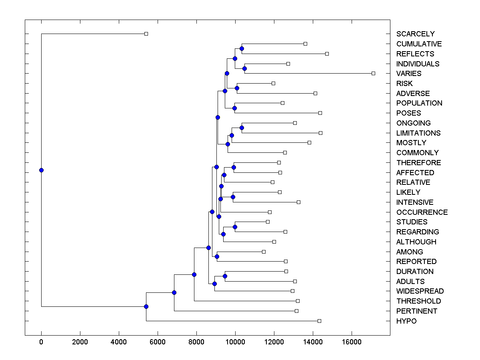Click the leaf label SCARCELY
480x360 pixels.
click(x=415, y=34)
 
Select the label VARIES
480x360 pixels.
click(x=409, y=74)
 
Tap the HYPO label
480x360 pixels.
click(x=406, y=321)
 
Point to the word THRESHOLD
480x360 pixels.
click(x=418, y=301)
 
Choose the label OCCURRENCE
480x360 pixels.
click(x=422, y=212)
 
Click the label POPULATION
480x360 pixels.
click(x=419, y=103)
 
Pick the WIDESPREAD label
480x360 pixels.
click(x=420, y=291)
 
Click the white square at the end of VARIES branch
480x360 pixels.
click(x=373, y=73)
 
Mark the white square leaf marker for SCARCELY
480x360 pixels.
click(x=146, y=34)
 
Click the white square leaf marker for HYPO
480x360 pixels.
click(x=319, y=321)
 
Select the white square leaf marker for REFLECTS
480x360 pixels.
click(x=327, y=54)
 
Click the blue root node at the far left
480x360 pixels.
click(x=41, y=170)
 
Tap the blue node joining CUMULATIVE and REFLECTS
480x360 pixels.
click(x=242, y=48)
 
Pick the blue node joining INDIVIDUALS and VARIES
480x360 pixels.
click(x=244, y=68)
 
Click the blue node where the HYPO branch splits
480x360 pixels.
click(x=146, y=306)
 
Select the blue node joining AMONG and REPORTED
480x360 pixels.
click(x=217, y=256)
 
